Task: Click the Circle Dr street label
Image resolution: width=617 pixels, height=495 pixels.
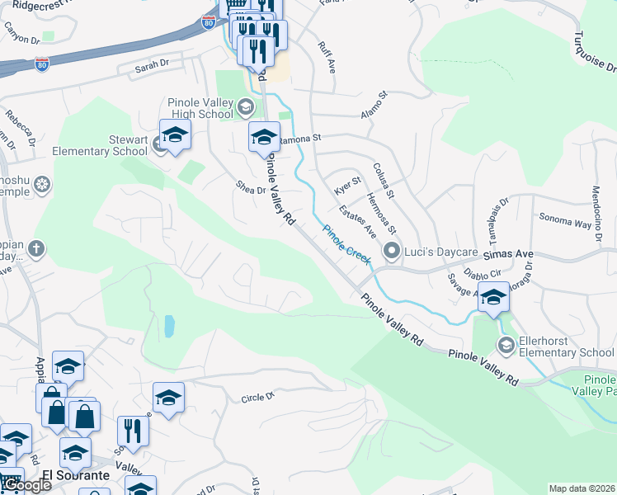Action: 257,398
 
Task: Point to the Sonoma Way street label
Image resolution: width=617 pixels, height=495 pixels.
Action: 566,222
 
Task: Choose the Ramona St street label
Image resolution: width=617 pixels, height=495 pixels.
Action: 299,141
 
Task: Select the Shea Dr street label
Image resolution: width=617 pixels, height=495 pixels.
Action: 250,189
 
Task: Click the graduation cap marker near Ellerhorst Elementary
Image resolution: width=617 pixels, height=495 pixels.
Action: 493,299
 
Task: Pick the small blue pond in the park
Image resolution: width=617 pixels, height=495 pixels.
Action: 169,326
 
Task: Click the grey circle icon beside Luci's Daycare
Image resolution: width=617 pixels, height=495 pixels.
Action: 393,250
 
